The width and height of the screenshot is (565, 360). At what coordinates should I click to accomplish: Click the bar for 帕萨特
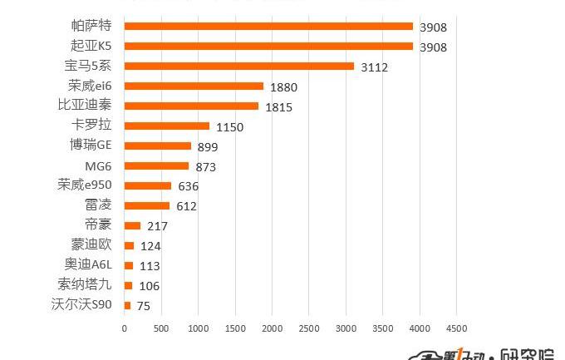(268, 27)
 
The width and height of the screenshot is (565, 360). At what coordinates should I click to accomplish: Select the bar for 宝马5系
(239, 67)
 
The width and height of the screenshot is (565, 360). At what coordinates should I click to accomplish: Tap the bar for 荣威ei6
(194, 86)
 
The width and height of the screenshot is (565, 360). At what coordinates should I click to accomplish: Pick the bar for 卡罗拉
(167, 126)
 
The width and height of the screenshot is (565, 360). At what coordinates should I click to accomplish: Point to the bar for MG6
(156, 166)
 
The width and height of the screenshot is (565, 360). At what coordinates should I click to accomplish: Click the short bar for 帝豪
(132, 225)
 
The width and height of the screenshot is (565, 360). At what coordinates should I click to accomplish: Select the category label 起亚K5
(91, 47)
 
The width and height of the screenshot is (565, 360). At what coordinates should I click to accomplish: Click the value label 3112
(375, 67)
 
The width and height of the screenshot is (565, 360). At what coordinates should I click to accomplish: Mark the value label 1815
(279, 107)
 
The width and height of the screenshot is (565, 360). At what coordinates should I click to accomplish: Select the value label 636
(188, 186)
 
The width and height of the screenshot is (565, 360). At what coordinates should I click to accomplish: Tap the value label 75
(143, 306)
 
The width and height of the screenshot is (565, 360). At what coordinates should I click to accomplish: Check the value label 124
(150, 246)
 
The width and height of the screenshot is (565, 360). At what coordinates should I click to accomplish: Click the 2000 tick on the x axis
(272, 328)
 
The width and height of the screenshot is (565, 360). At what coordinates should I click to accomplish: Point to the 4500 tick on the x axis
(456, 328)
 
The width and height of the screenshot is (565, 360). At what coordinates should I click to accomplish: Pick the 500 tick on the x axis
(161, 328)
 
